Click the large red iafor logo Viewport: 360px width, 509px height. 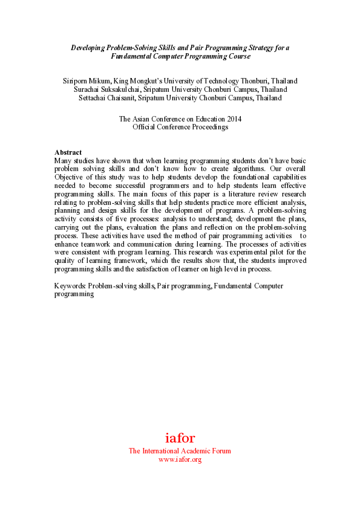pos(180,438)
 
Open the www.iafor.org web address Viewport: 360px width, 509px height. pos(180,459)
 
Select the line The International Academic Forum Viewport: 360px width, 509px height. pos(180,451)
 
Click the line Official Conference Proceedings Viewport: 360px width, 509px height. pos(180,127)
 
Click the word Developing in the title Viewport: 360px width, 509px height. pos(90,47)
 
